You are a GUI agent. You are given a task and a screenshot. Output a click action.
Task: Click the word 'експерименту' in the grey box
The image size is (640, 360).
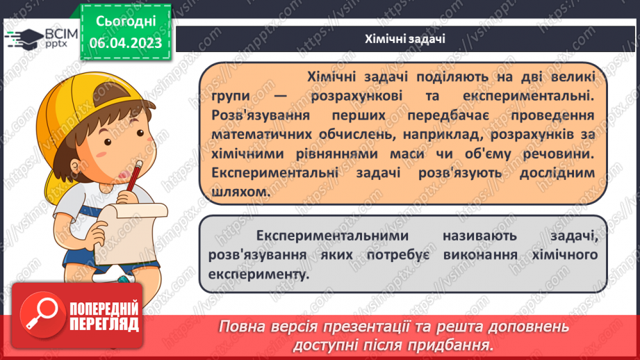(256, 275)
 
